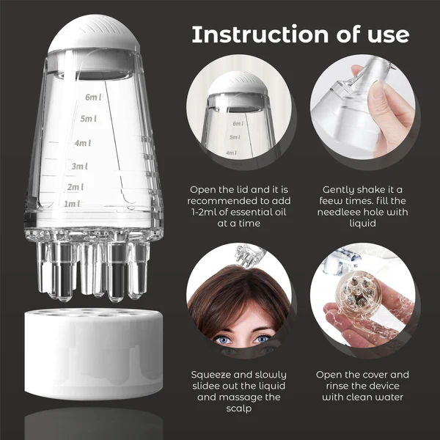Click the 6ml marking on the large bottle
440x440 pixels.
click(94, 97)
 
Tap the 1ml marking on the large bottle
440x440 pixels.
click(72, 203)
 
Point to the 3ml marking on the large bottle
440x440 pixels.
click(79, 166)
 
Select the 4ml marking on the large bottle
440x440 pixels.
click(83, 143)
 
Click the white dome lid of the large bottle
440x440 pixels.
click(94, 34)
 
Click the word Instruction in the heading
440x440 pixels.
click(260, 34)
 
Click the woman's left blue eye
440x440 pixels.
click(263, 339)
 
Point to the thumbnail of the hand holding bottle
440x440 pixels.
click(362, 107)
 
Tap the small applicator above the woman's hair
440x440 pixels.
click(249, 254)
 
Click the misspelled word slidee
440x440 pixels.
click(206, 386)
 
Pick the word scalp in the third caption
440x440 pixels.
click(239, 408)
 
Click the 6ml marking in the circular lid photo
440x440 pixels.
click(238, 123)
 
